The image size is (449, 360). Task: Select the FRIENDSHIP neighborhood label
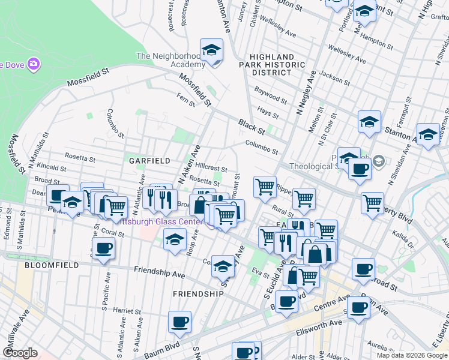[198, 294]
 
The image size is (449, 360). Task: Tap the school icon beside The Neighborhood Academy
[211, 52]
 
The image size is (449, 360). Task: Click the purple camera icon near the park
[34, 64]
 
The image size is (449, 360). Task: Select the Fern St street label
[186, 99]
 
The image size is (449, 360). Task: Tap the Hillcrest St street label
[211, 169]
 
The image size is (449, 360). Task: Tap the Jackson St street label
[334, 77]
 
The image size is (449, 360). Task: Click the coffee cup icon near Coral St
[103, 248]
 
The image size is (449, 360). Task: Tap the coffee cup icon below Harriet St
[179, 322]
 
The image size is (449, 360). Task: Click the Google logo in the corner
[20, 352]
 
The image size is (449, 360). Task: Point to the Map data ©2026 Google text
[412, 355]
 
